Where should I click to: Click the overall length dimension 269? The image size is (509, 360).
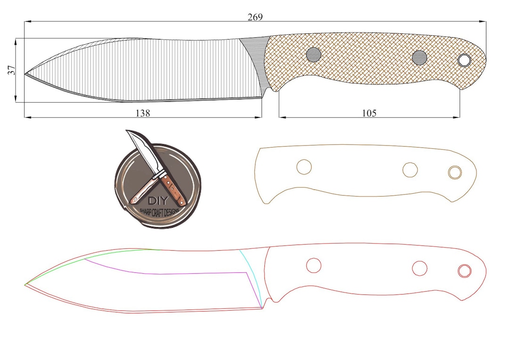tap(255, 17)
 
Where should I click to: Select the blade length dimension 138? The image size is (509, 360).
tap(143, 113)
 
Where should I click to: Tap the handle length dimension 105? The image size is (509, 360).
tap(369, 113)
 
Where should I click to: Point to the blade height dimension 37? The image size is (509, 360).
tap(12, 70)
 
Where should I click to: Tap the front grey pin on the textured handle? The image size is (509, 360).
tap(313, 55)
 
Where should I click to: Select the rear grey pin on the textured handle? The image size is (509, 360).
tap(419, 58)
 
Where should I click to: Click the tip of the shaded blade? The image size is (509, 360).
tap(25, 74)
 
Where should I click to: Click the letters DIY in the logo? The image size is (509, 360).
tap(158, 200)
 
